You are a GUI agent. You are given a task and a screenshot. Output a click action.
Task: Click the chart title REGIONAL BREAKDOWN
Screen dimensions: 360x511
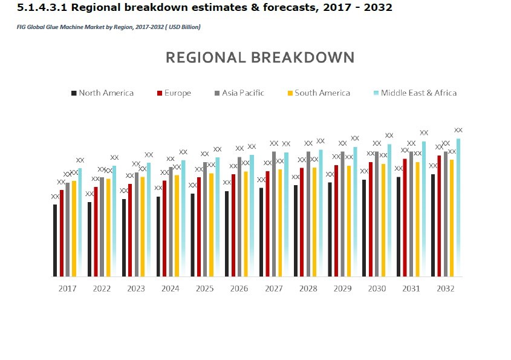pyautogui.click(x=260, y=57)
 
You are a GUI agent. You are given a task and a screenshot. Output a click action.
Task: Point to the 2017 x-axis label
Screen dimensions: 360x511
pyautogui.click(x=67, y=289)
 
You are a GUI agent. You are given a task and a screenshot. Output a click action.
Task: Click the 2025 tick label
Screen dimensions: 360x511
pyautogui.click(x=204, y=289)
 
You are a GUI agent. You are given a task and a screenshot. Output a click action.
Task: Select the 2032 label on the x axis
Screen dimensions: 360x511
pyautogui.click(x=445, y=289)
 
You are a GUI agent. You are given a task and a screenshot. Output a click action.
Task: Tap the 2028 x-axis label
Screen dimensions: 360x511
pyautogui.click(x=308, y=289)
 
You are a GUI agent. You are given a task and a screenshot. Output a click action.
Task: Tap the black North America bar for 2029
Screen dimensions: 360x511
pyautogui.click(x=330, y=229)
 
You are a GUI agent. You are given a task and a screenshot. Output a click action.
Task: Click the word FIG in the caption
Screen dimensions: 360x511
pyautogui.click(x=21, y=27)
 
